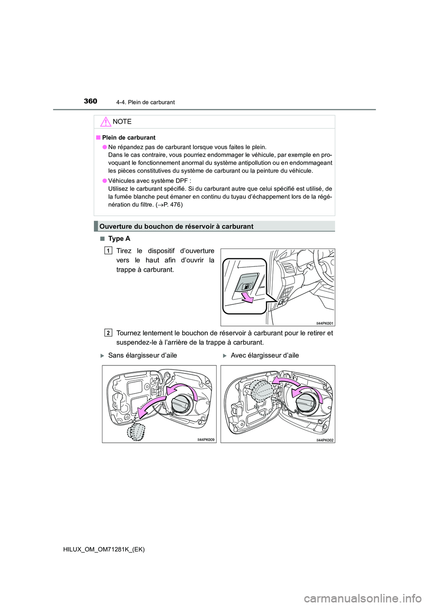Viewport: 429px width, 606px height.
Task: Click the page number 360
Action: point(90,101)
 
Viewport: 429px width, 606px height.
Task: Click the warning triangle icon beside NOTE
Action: point(105,122)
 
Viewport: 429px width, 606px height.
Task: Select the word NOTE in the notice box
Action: point(122,122)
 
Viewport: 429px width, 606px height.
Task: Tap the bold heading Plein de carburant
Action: point(129,137)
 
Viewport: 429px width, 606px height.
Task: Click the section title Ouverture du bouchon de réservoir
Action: point(176,226)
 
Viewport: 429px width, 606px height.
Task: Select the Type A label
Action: point(119,239)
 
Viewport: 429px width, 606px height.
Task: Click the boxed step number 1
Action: point(108,251)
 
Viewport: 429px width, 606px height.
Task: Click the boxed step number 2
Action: point(108,333)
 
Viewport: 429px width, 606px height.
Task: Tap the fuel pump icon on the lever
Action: point(247,286)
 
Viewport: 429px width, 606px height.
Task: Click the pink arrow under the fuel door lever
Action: point(247,298)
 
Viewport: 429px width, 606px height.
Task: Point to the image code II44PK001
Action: point(324,323)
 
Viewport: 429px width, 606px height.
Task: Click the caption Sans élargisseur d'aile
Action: point(142,356)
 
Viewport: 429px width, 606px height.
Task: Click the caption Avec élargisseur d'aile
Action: point(265,356)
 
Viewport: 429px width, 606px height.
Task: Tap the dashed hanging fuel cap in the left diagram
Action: point(136,432)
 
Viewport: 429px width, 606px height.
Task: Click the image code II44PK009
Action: point(206,440)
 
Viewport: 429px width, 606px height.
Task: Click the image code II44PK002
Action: point(324,440)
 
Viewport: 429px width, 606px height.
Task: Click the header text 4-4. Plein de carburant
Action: point(145,102)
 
